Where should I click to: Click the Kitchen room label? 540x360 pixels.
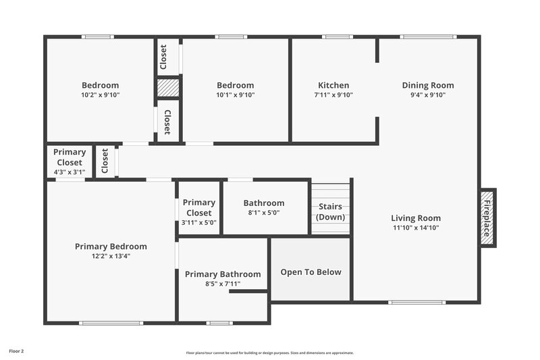click(x=333, y=85)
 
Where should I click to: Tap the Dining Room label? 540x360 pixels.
click(x=428, y=85)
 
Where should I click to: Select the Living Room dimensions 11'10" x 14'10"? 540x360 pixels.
click(x=416, y=228)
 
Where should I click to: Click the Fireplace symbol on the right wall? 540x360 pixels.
click(x=487, y=217)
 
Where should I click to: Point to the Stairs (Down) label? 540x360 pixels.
click(x=331, y=211)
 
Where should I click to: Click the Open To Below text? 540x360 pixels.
click(x=310, y=272)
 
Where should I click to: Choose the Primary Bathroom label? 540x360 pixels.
click(x=223, y=274)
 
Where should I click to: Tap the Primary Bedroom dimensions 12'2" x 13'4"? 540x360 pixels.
click(x=111, y=256)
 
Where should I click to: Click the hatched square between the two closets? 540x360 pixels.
click(x=168, y=88)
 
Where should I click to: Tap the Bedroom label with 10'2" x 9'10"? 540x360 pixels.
click(x=100, y=85)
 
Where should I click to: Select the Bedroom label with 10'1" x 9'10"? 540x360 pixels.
click(x=235, y=85)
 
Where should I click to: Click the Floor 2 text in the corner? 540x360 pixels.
click(x=16, y=351)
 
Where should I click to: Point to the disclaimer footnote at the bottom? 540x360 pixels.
click(x=269, y=353)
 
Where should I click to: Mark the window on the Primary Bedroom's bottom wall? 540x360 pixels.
click(x=111, y=323)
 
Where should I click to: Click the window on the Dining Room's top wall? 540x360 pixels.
click(x=428, y=36)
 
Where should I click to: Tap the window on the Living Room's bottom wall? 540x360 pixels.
click(x=417, y=302)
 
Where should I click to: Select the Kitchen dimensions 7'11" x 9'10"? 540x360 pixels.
click(x=333, y=95)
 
